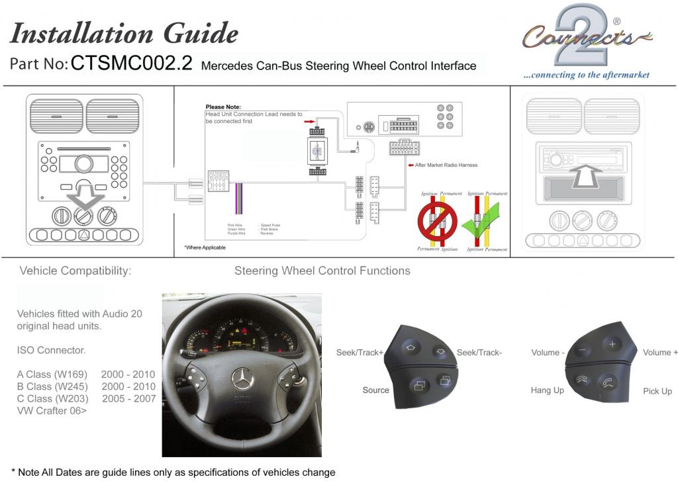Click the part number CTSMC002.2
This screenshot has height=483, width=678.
point(131,64)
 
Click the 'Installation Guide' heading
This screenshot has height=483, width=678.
point(124,33)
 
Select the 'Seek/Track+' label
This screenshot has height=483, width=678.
point(360,353)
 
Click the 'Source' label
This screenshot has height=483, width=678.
point(375,390)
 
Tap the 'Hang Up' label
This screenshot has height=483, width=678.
point(547,390)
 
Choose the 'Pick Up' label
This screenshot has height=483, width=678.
point(657,391)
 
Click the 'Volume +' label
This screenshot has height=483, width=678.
point(659,353)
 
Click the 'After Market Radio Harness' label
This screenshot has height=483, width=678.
point(445,165)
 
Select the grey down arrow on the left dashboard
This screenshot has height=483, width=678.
point(83,198)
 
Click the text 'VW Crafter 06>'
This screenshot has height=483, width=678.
point(52,411)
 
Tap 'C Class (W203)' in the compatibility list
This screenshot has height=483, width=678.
point(52,398)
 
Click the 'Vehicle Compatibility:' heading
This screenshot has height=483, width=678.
point(75,271)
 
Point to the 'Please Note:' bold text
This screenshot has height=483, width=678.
point(223,107)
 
